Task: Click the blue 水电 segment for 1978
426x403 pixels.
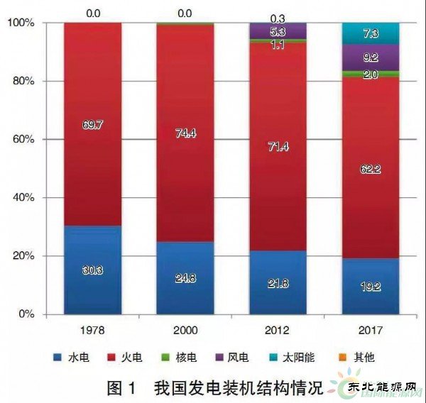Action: pos(92,270)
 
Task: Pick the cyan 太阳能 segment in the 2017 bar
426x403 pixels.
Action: pos(370,33)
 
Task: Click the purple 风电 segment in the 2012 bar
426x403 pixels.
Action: pos(278,31)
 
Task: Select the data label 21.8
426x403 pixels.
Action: pos(278,282)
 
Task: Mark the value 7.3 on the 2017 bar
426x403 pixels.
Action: pos(370,33)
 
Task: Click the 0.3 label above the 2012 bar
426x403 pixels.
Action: pos(278,16)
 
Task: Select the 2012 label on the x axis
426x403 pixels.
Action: pos(278,330)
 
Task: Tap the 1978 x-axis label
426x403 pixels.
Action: pos(92,330)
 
